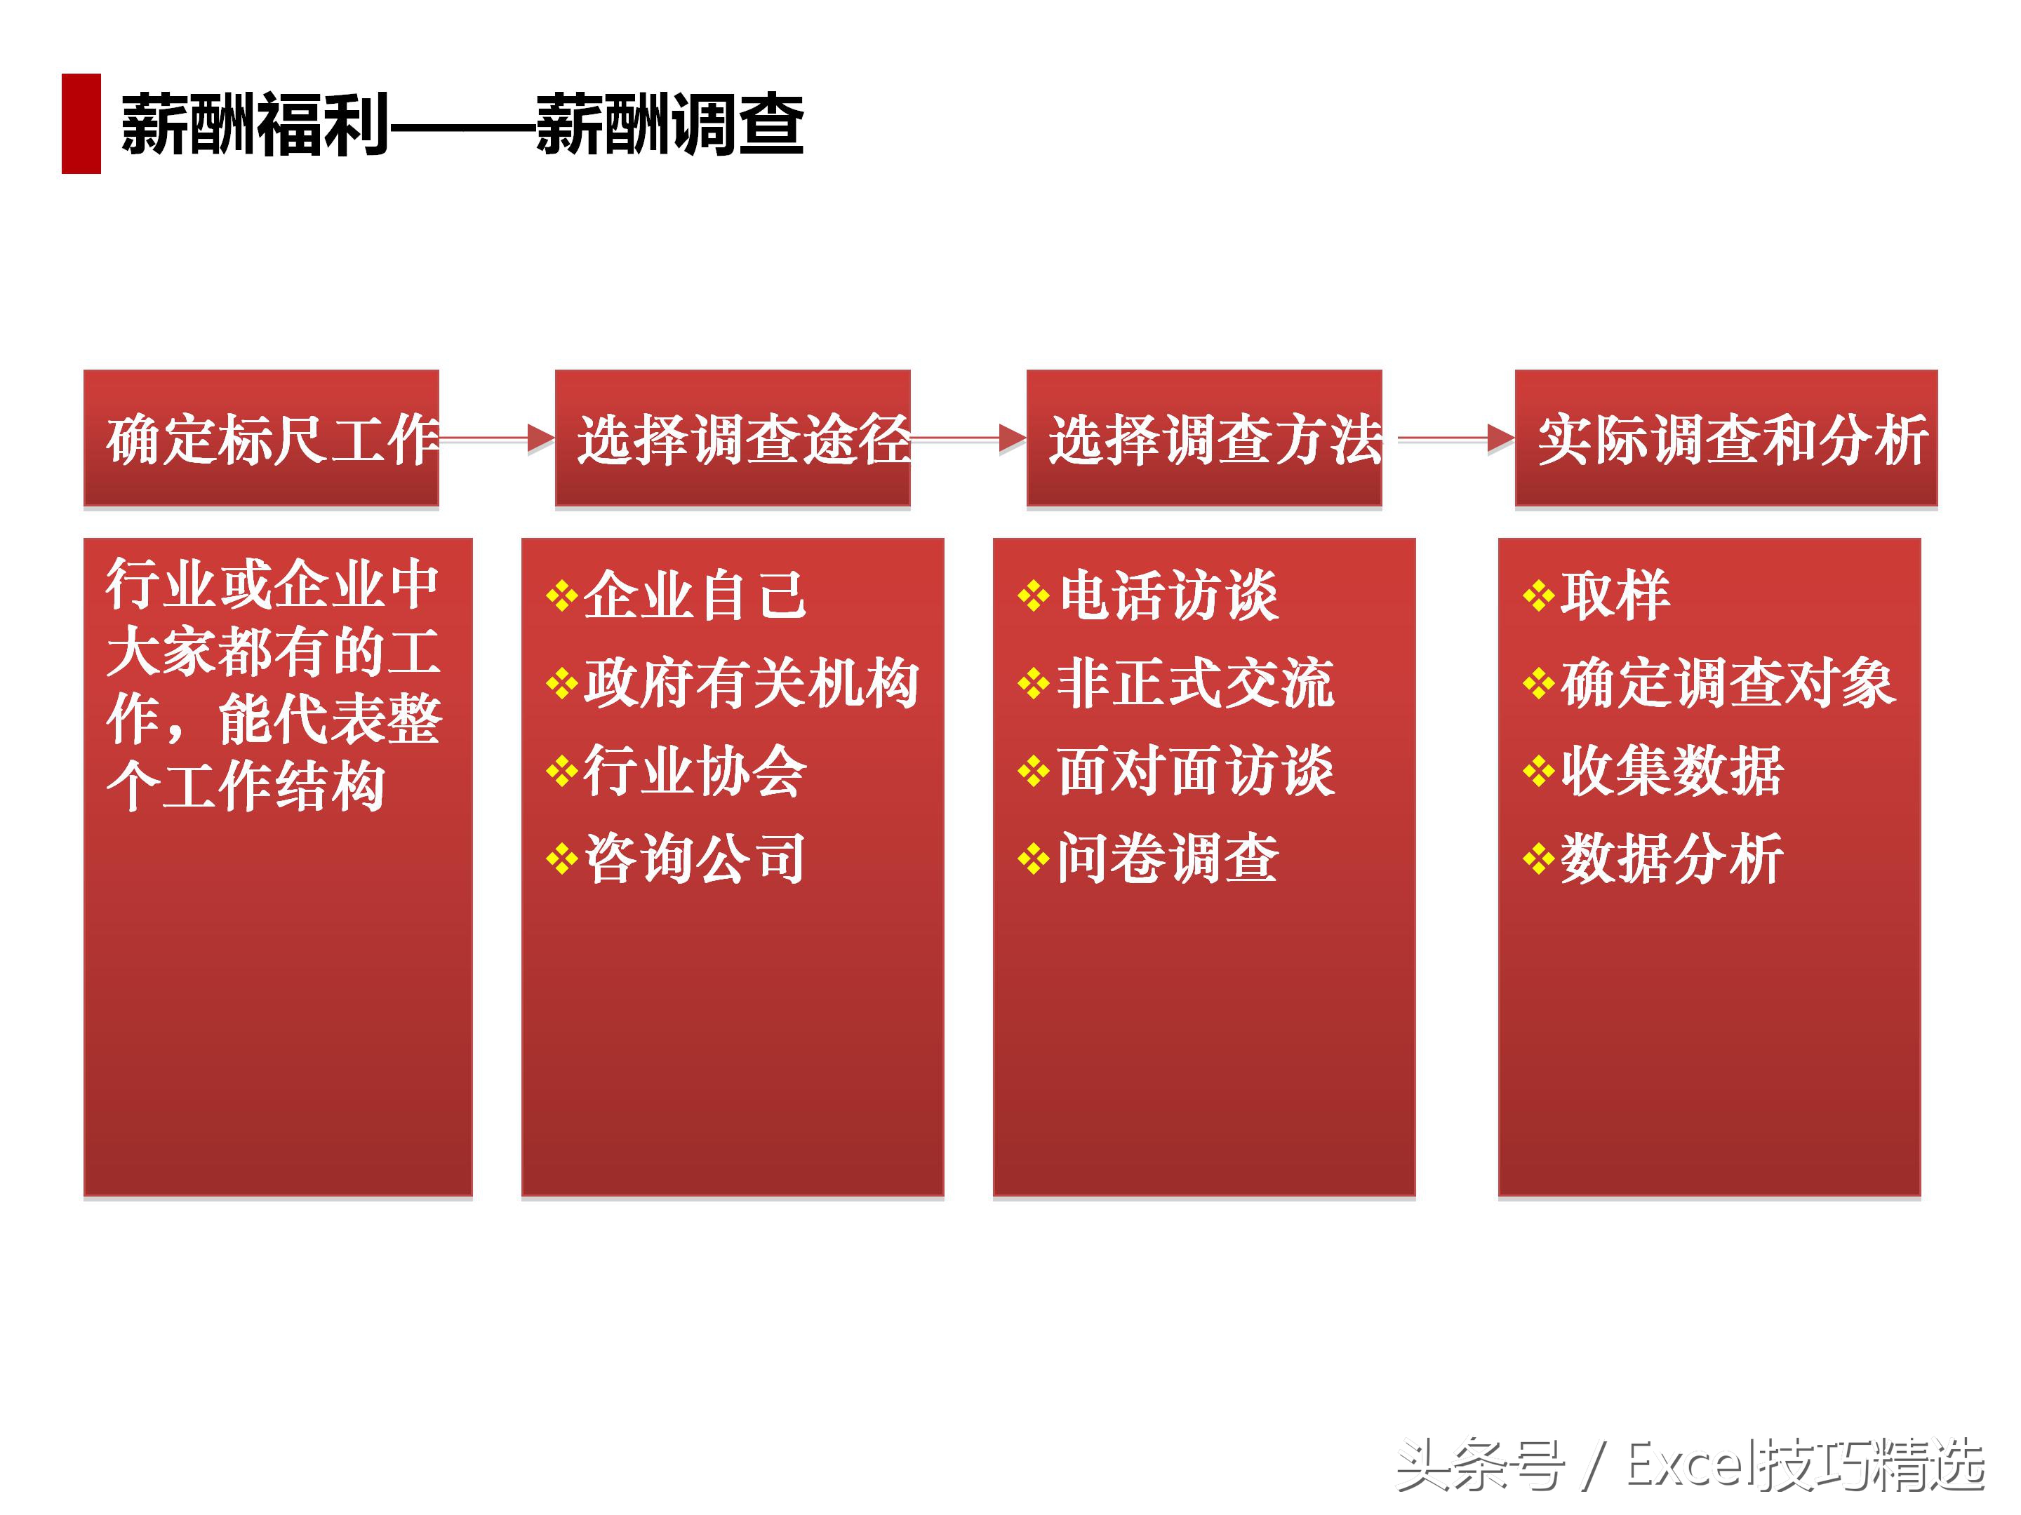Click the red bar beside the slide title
81,123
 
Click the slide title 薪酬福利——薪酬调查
462,125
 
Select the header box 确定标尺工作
261,438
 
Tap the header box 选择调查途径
732,438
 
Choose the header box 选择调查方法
1203,438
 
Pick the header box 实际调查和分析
1726,438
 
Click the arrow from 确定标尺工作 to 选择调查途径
498,439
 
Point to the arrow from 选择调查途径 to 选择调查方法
969,439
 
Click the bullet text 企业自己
695,596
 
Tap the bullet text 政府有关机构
751,684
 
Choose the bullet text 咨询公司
695,859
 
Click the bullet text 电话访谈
1168,596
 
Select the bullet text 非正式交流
1195,684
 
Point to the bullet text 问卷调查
1168,859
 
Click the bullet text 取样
1615,596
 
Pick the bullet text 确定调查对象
1728,684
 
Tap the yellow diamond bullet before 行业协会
561,772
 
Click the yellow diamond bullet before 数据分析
1539,859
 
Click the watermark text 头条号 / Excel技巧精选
1690,1466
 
